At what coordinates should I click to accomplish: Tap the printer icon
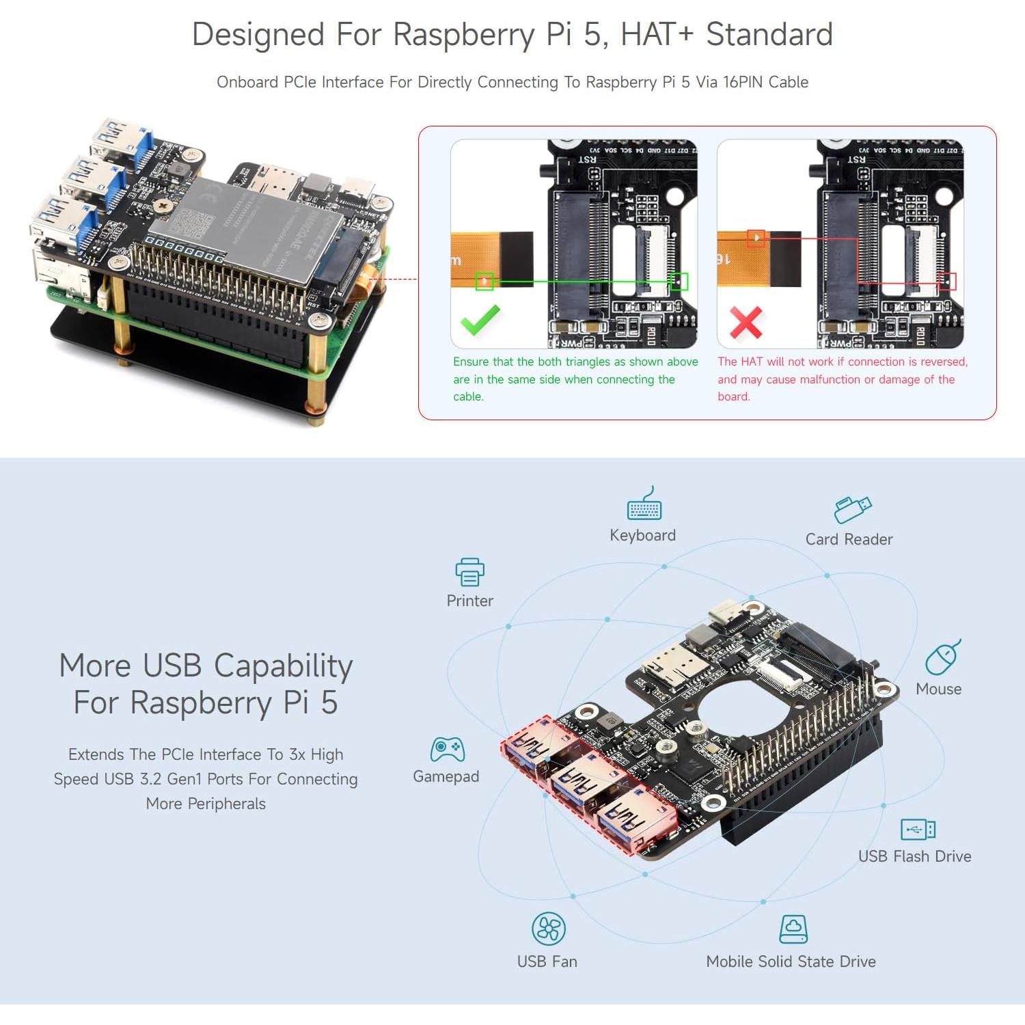[x=469, y=572]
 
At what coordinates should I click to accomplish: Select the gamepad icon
[x=447, y=750]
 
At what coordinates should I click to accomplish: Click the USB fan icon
[x=548, y=929]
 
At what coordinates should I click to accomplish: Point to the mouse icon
[x=942, y=657]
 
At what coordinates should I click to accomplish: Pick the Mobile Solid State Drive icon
[x=793, y=929]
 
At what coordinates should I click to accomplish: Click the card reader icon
[x=852, y=509]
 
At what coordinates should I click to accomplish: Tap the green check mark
[x=480, y=320]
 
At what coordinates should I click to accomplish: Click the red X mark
[x=746, y=322]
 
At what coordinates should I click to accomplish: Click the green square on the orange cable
[x=484, y=281]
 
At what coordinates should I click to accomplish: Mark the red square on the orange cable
[x=756, y=238]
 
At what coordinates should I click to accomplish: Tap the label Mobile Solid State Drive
[x=791, y=961]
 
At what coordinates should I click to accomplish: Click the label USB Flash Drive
[x=914, y=856]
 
